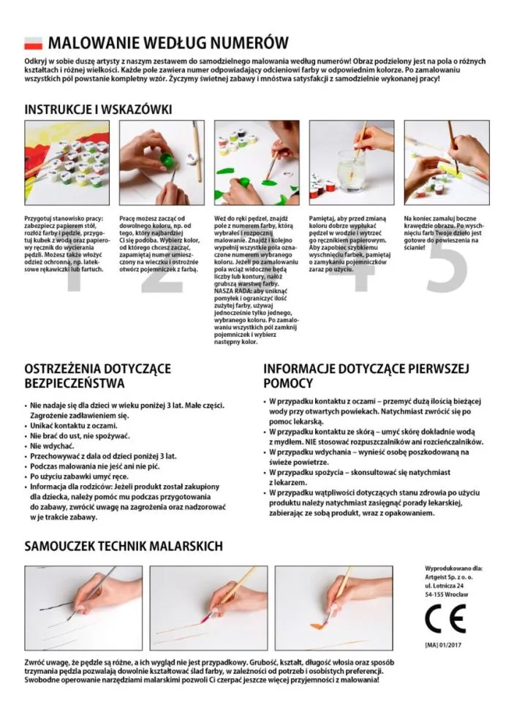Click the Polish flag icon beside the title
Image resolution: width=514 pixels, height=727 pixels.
click(x=34, y=43)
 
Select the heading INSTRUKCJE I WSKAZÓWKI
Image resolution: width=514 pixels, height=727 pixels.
click(x=98, y=110)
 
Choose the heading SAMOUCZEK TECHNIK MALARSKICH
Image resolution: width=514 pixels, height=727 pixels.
click(x=124, y=546)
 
